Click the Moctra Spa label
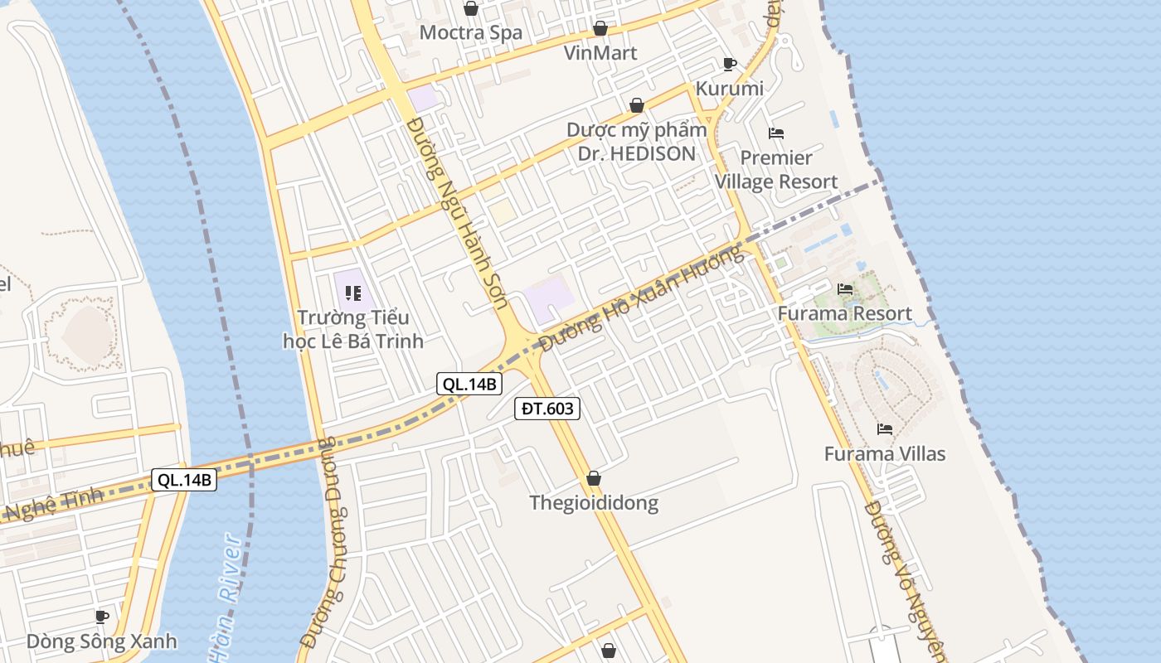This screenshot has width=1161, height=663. tap(470, 33)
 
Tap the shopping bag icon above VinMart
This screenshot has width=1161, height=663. tap(600, 29)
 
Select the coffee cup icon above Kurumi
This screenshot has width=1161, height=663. tap(730, 64)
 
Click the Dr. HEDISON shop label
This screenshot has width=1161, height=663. tap(637, 142)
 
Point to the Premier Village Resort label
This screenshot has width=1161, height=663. tap(776, 170)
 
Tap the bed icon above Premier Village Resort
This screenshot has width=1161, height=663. tap(776, 133)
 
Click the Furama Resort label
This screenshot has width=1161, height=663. tap(844, 313)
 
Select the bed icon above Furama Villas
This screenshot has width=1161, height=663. tap(885, 429)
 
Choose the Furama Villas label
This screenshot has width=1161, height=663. tap(884, 454)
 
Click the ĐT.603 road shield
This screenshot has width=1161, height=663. tap(546, 408)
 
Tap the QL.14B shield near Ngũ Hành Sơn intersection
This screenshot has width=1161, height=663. tap(469, 384)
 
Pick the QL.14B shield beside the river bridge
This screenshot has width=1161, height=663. tap(184, 480)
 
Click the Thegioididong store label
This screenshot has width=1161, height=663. tap(594, 503)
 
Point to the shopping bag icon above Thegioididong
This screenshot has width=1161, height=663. tap(594, 478)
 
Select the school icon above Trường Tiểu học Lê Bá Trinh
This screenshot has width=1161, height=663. tap(353, 293)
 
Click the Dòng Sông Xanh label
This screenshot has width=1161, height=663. tap(101, 641)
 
